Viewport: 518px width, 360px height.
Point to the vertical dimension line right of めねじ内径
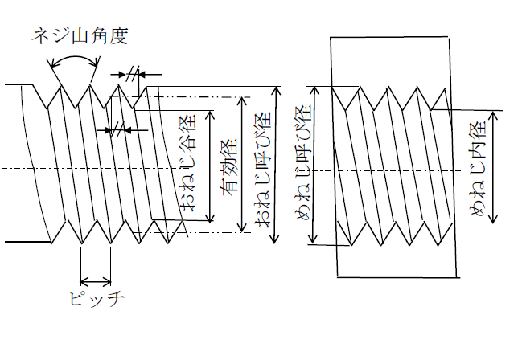491,169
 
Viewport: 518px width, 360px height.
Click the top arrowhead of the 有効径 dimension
244,101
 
